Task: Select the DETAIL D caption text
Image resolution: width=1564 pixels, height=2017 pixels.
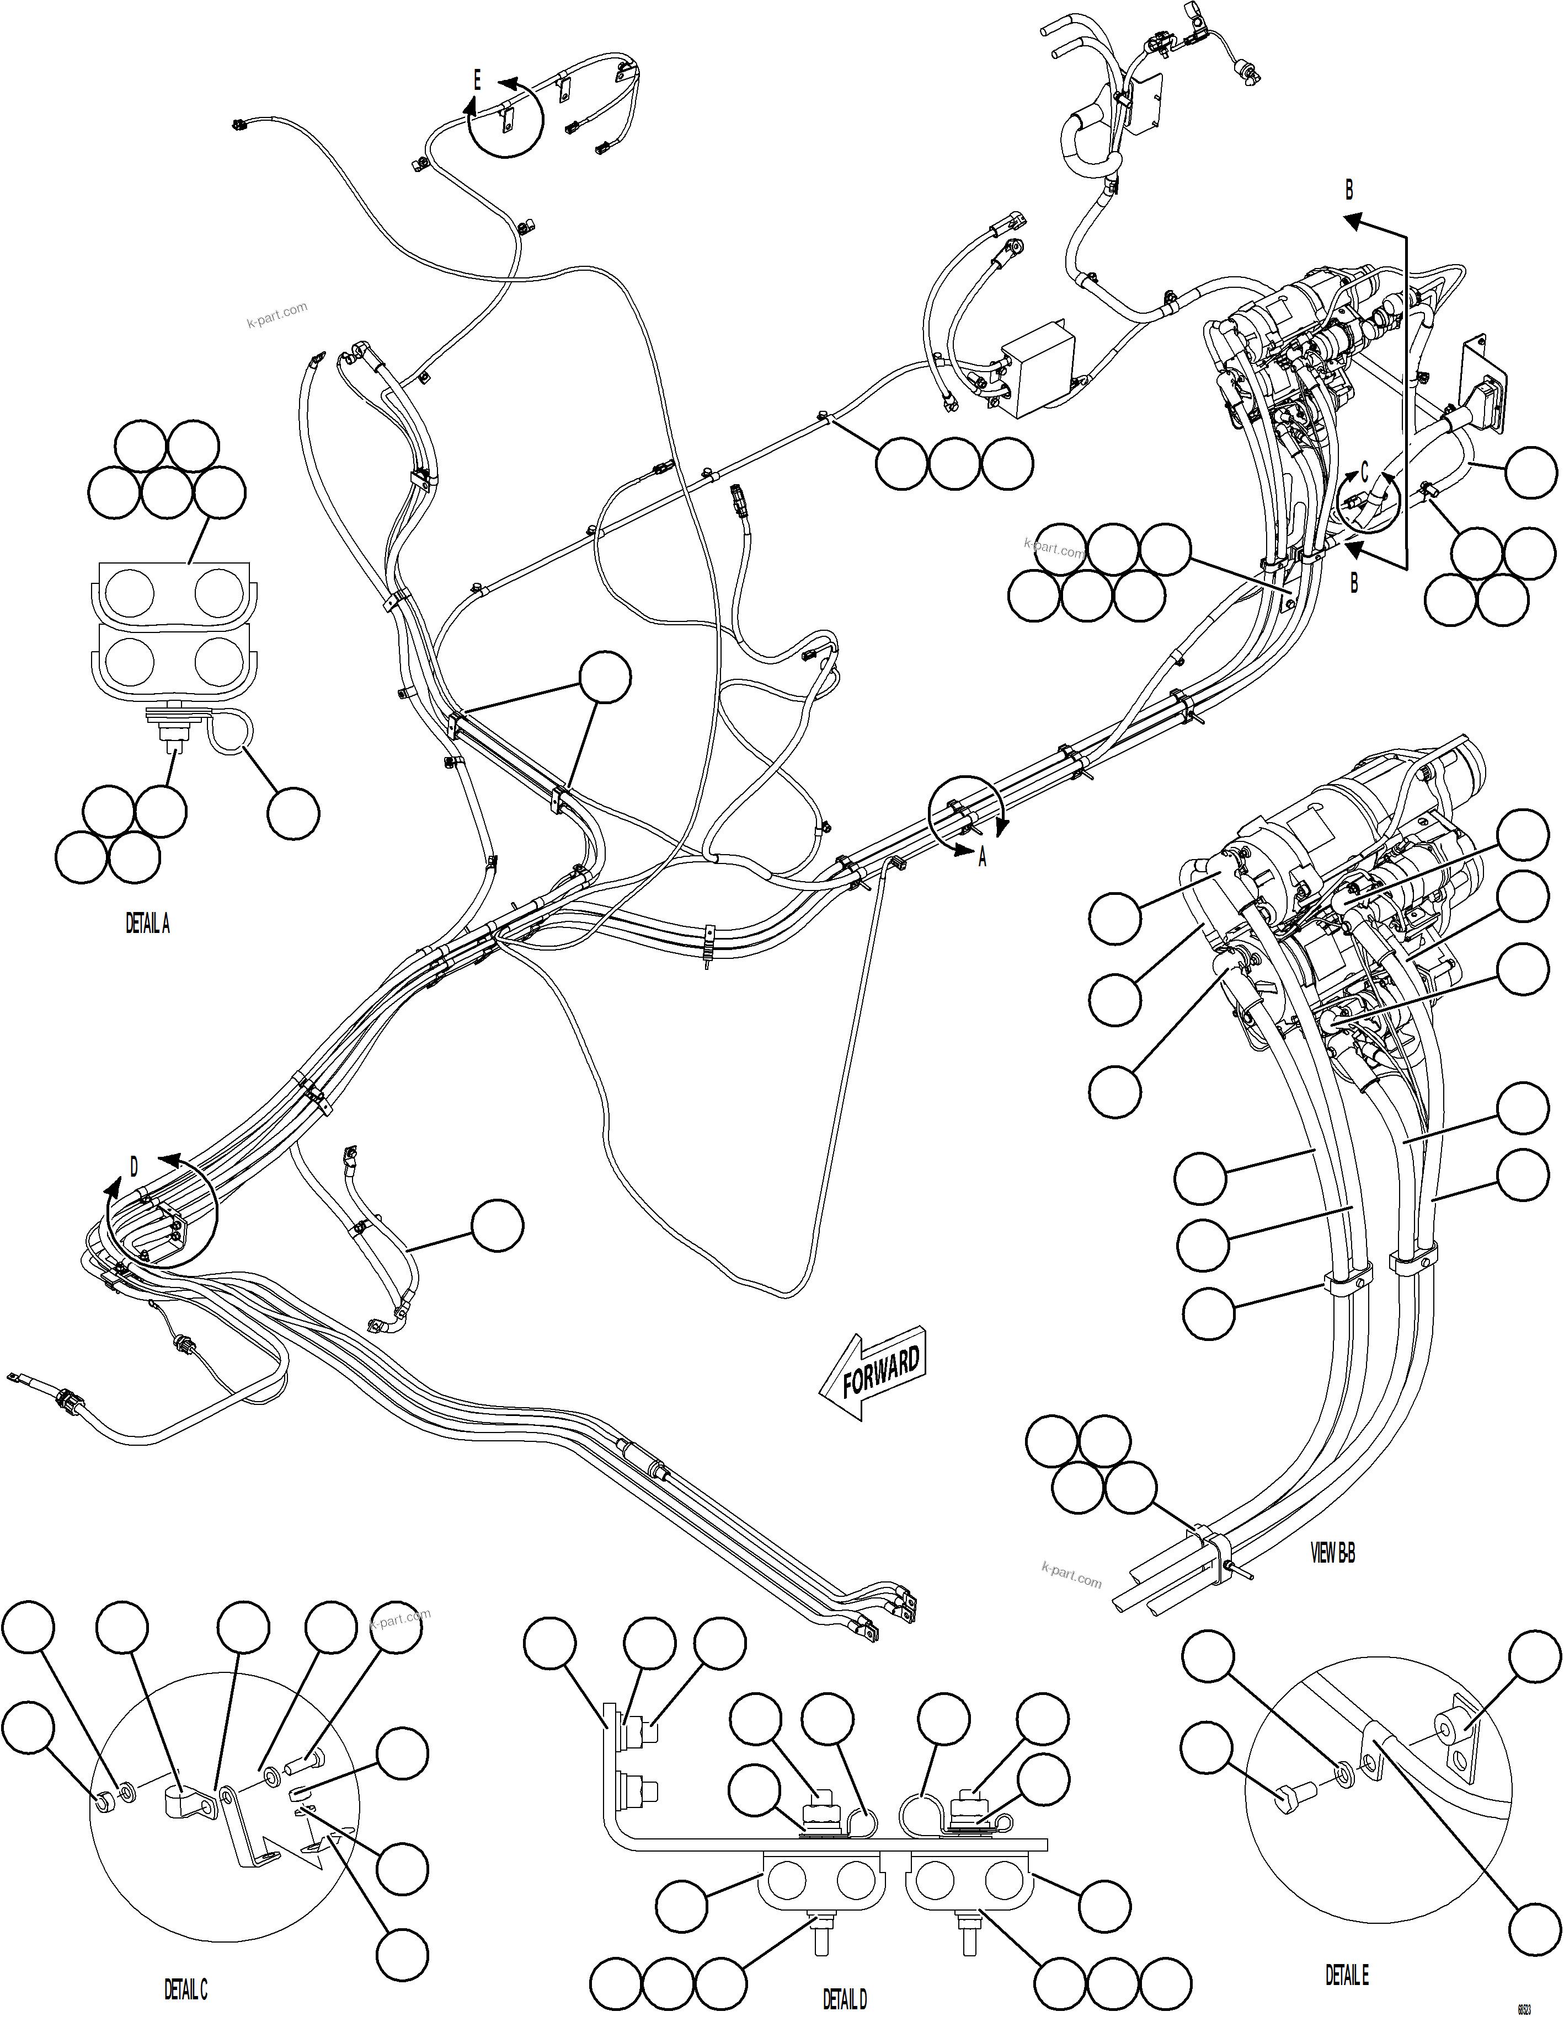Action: coord(845,1998)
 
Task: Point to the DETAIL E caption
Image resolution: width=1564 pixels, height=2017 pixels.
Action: coord(1347,1975)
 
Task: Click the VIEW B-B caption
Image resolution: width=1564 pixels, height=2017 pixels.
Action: coord(1333,1554)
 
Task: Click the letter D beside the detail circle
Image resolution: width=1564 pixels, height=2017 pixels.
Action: coord(134,1167)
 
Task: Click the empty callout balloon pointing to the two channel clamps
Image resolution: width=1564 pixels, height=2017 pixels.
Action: coord(605,678)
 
